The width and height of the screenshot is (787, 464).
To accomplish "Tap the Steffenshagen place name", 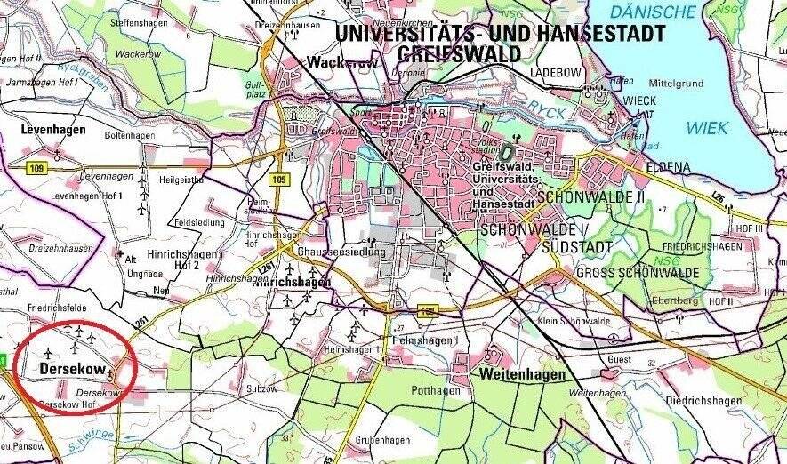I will point(139,23).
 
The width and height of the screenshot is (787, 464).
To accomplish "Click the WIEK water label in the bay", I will point(707,128).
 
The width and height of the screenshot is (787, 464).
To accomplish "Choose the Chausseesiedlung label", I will point(343,252).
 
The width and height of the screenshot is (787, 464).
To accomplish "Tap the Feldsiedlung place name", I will point(202,222).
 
